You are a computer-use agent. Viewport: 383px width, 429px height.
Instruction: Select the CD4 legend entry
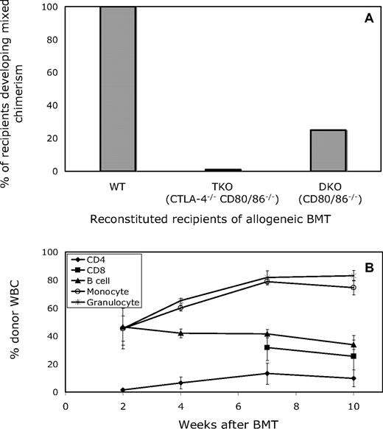click(x=105, y=260)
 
